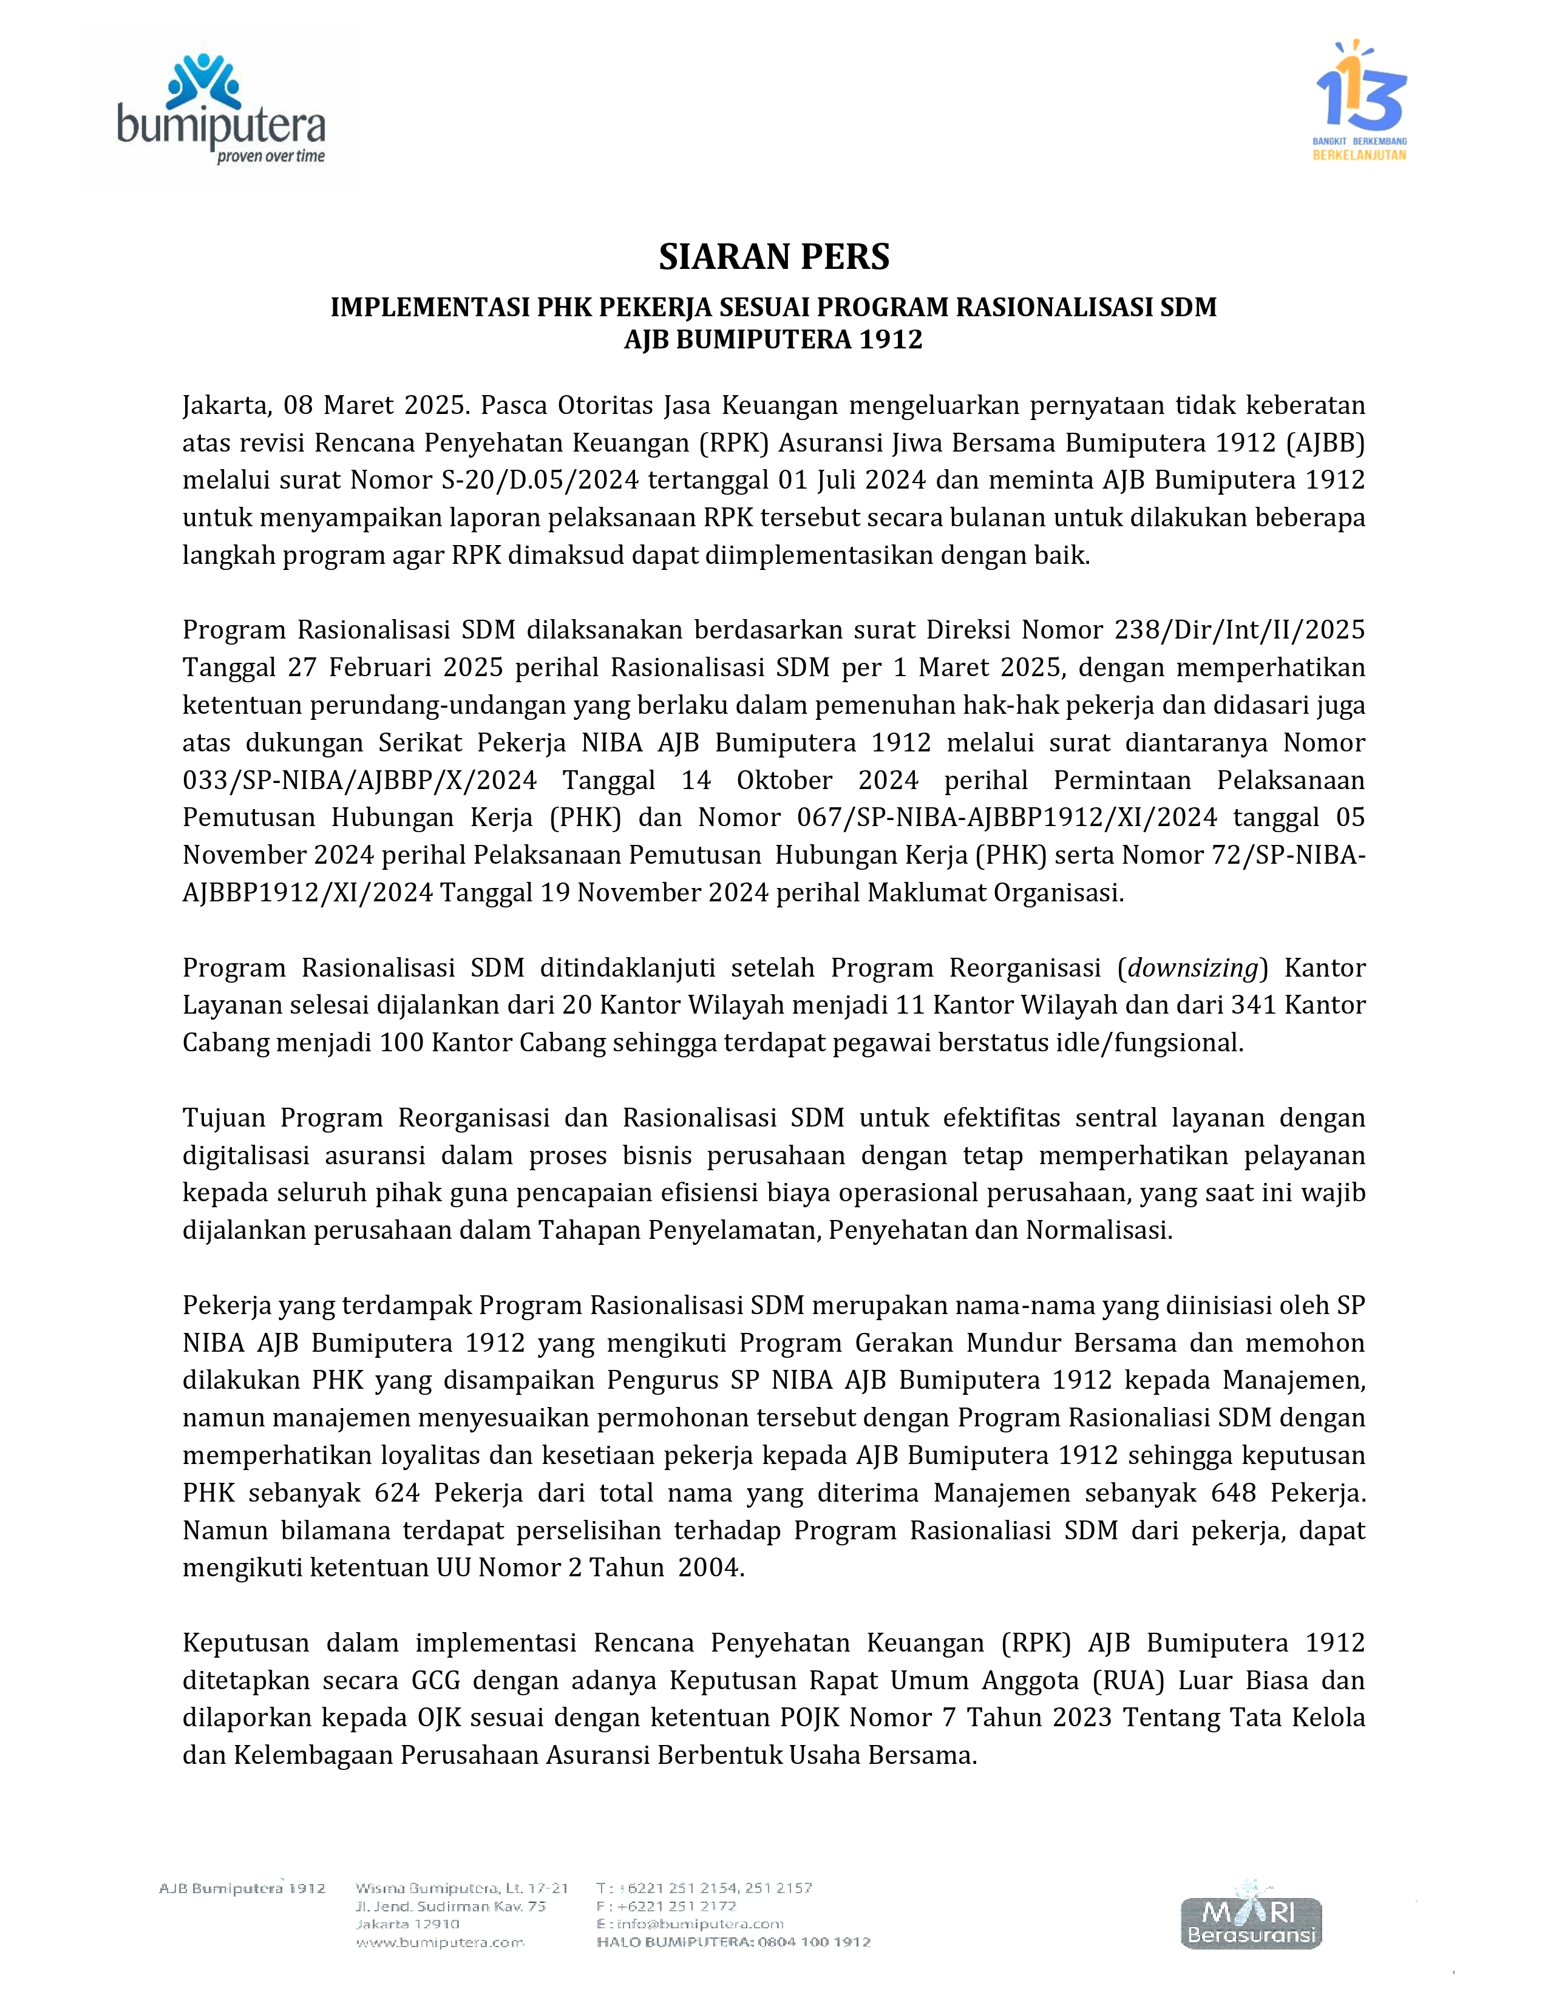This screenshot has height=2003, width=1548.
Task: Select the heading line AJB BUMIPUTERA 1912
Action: pyautogui.click(x=773, y=339)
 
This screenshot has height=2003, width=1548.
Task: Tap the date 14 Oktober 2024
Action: pyautogui.click(x=799, y=779)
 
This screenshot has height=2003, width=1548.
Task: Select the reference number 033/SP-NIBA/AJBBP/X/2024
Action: pyautogui.click(x=359, y=779)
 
